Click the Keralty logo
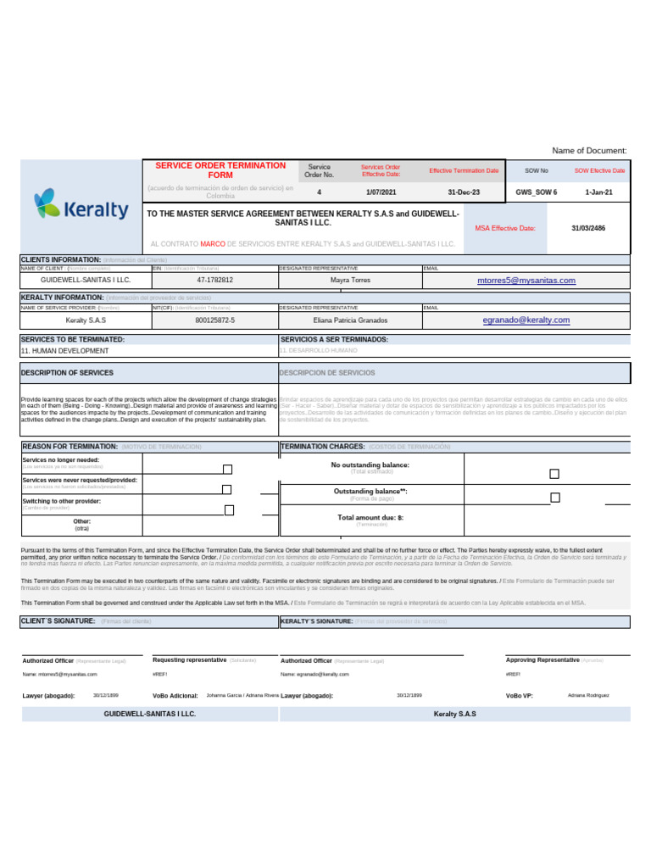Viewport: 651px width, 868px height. [81, 206]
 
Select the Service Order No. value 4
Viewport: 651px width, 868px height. [319, 192]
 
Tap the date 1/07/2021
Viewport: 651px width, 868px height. [381, 192]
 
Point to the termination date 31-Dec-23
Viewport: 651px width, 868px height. [464, 192]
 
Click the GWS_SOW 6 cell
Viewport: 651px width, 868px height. [537, 192]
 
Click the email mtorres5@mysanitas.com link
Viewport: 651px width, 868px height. [526, 281]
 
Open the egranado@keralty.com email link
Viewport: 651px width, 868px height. [526, 320]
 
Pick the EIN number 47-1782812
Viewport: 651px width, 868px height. [214, 280]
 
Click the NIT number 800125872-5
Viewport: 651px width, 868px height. [214, 320]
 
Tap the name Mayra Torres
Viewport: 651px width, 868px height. [350, 280]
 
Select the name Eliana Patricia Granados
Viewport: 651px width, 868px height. [350, 320]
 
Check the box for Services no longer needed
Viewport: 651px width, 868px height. [227, 469]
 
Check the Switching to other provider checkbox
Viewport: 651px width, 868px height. [229, 509]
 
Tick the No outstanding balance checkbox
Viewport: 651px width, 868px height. [554, 474]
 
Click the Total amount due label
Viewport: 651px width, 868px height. [370, 517]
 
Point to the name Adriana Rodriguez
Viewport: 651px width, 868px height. [587, 695]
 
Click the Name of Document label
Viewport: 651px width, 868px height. [589, 150]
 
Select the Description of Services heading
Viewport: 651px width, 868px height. [68, 373]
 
